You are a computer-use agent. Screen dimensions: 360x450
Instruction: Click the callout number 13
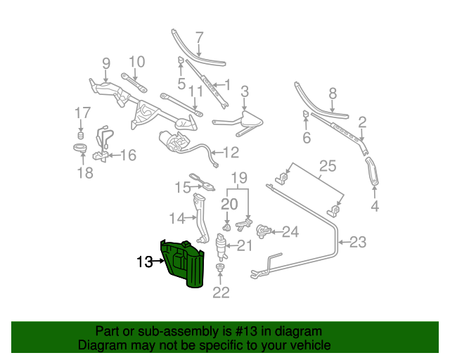pyautogui.click(x=144, y=262)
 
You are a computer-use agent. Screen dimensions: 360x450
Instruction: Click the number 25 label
pyautogui.click(x=328, y=167)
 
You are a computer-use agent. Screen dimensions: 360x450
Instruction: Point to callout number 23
pyautogui.click(x=358, y=243)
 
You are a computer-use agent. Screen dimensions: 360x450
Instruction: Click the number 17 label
pyautogui.click(x=83, y=112)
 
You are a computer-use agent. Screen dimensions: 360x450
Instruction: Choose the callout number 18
pyautogui.click(x=84, y=173)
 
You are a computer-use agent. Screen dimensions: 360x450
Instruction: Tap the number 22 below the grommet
pyautogui.click(x=221, y=293)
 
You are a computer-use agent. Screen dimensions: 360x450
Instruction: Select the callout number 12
pyautogui.click(x=231, y=152)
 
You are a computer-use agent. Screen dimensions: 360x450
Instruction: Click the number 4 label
pyautogui.click(x=375, y=206)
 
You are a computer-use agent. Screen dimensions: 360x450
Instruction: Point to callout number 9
pyautogui.click(x=106, y=63)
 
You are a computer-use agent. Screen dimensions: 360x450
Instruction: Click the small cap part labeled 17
pyautogui.click(x=81, y=134)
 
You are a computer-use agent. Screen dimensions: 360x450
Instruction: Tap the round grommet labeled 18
pyautogui.click(x=81, y=149)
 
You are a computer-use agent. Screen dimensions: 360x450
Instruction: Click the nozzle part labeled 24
pyautogui.click(x=264, y=230)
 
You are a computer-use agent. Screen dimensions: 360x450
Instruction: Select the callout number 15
pyautogui.click(x=183, y=187)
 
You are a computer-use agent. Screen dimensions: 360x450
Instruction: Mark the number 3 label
pyautogui.click(x=245, y=91)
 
